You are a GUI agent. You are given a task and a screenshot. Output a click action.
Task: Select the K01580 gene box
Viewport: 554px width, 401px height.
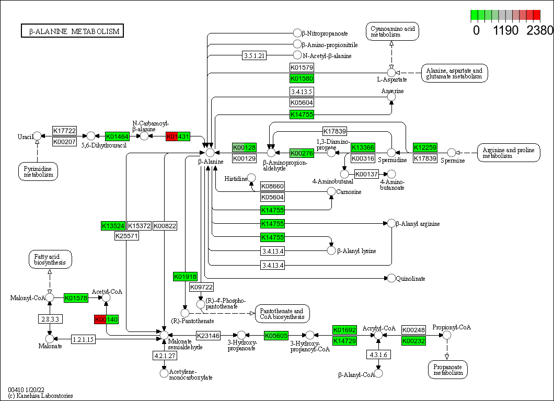[x=302, y=78]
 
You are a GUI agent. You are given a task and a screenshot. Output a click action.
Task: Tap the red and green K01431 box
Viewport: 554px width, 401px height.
[x=178, y=136]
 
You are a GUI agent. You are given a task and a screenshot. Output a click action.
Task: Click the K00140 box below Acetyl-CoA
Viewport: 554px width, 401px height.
[x=106, y=319]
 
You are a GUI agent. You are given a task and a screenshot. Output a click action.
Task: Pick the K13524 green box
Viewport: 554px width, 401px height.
[x=113, y=226]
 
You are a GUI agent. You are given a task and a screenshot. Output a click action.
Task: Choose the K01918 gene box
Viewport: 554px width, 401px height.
[x=185, y=276]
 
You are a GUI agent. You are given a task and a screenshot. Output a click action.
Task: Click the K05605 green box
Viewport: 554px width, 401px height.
[x=276, y=335]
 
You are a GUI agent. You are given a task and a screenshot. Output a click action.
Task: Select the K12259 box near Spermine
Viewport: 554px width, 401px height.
[x=425, y=147]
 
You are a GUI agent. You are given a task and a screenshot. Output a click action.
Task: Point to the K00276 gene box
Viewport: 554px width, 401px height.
[x=302, y=153]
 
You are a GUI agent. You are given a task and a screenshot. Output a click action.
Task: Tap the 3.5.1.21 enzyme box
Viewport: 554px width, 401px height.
[x=255, y=55]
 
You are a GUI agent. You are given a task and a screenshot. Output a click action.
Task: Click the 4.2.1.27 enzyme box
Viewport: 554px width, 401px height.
[x=164, y=356]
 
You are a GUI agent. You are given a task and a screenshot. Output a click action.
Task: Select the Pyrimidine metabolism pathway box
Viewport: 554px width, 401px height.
[x=38, y=171]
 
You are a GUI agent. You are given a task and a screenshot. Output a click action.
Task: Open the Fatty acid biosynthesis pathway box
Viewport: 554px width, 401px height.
[x=50, y=259]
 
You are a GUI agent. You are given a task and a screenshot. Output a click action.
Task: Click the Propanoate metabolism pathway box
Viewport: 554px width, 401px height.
[x=447, y=369]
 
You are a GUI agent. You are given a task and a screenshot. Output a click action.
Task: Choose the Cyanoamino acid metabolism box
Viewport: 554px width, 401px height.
[x=392, y=31]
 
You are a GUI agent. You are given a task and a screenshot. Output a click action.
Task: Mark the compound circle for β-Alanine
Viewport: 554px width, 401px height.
[x=210, y=153]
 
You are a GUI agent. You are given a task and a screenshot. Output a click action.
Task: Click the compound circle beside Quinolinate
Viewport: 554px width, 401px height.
[x=391, y=278]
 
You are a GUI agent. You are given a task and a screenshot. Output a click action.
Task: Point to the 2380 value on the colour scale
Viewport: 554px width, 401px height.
[x=539, y=30]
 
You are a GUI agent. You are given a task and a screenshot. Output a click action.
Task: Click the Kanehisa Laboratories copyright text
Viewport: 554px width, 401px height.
[x=40, y=396]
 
